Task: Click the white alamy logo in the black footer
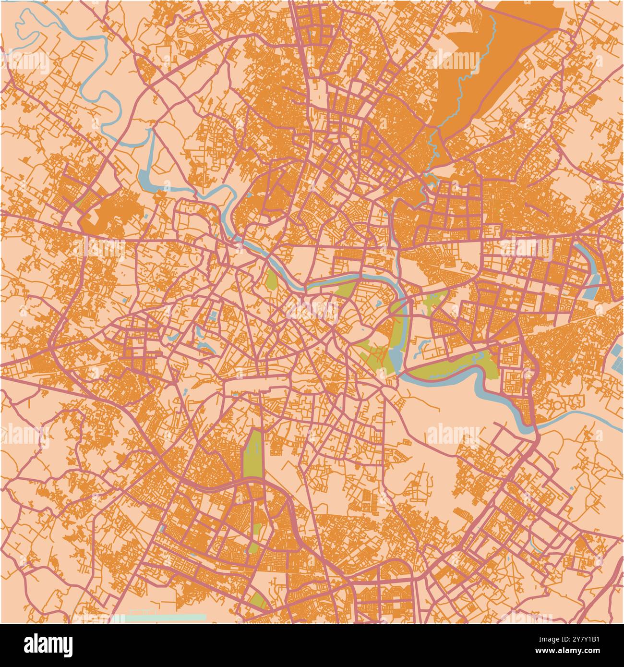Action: point(48,645)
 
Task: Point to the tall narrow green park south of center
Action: point(253,454)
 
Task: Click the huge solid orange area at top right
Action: point(499,62)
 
